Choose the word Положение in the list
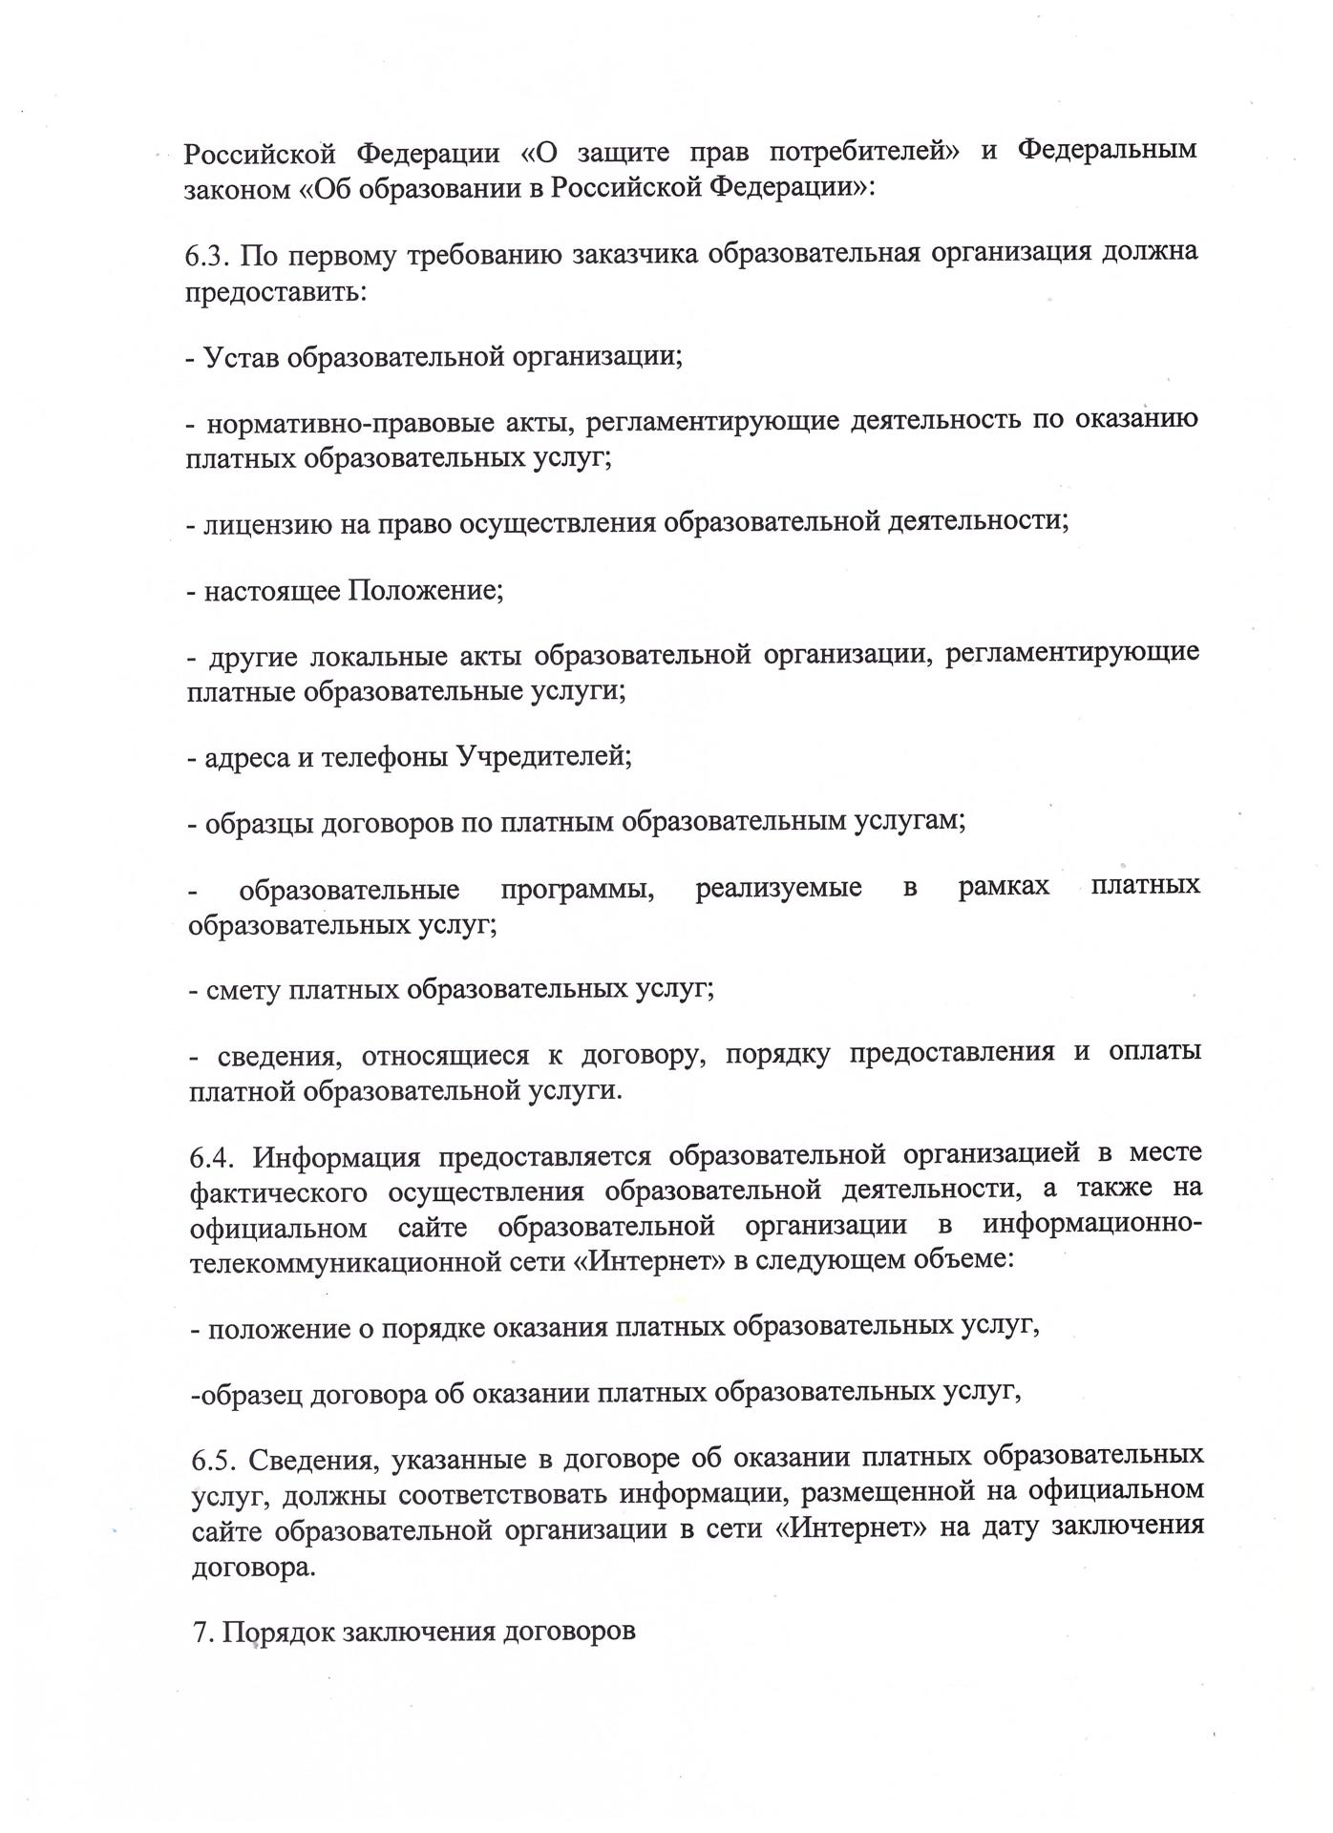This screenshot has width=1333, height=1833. pos(425,591)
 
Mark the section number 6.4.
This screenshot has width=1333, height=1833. pos(213,1157)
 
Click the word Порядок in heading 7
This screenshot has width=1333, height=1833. pos(279,1631)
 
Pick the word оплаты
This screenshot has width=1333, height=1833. pos(1154,1052)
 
